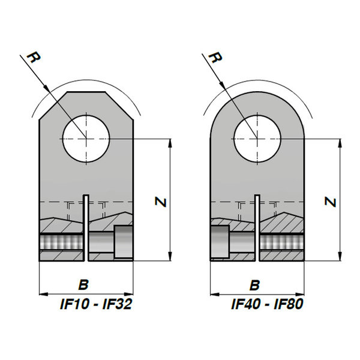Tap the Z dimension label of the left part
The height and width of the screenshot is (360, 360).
[x=160, y=202]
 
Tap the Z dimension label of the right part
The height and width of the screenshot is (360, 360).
[x=331, y=202]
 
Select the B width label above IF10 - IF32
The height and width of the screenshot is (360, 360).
[x=83, y=284]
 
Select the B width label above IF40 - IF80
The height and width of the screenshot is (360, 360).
[x=254, y=285]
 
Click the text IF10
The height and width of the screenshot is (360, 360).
[x=74, y=304]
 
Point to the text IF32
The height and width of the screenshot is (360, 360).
[x=118, y=304]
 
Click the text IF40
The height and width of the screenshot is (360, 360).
[x=245, y=304]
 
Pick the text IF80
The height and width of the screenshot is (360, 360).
[x=289, y=304]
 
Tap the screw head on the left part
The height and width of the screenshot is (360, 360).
[x=124, y=242]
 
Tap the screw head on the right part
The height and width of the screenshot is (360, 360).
[x=220, y=242]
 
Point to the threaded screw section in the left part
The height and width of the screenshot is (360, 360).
[x=61, y=242]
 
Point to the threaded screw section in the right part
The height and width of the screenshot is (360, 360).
[x=282, y=242]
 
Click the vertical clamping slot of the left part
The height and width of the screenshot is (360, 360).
[x=86, y=228]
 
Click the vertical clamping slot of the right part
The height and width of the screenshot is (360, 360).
[x=257, y=228]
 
